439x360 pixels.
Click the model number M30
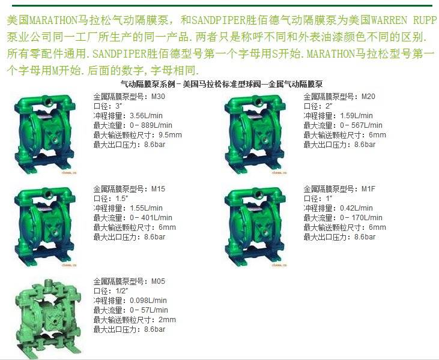tap(158, 97)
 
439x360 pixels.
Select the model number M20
tap(368, 97)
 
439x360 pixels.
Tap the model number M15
tap(158, 189)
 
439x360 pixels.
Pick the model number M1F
tap(368, 189)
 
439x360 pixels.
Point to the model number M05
tap(158, 281)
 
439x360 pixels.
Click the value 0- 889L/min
tap(151, 125)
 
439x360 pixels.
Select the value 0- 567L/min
tap(361, 125)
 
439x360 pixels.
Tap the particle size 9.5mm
tap(170, 135)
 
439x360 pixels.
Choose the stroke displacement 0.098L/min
tap(148, 301)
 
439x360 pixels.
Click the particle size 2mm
tap(167, 320)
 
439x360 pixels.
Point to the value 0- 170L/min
tap(361, 218)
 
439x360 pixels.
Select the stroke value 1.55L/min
tap(146, 208)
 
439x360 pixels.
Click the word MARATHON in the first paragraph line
tap(53, 20)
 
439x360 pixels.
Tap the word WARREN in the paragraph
tap(389, 20)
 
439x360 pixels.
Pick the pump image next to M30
tap(45, 135)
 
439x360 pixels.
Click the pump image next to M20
tap(255, 135)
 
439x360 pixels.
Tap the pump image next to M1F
tap(255, 227)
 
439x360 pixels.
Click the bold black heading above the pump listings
tap(222, 84)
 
